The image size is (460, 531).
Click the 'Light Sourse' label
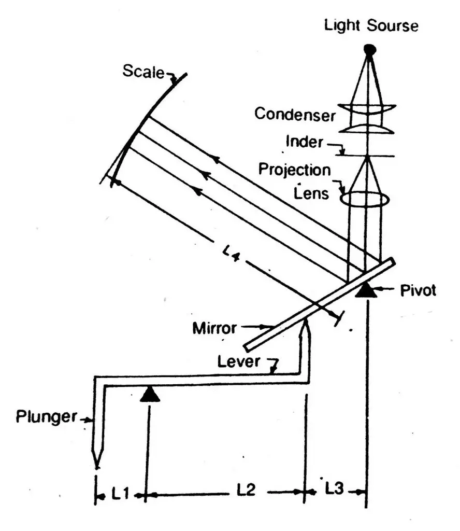(371, 26)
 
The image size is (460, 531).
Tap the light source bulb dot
(369, 50)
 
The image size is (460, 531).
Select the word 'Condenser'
(295, 114)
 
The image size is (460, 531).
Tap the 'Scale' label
(143, 71)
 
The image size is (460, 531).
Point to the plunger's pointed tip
(96, 463)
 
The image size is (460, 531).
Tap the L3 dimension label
(335, 488)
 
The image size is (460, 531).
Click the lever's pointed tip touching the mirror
(306, 322)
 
